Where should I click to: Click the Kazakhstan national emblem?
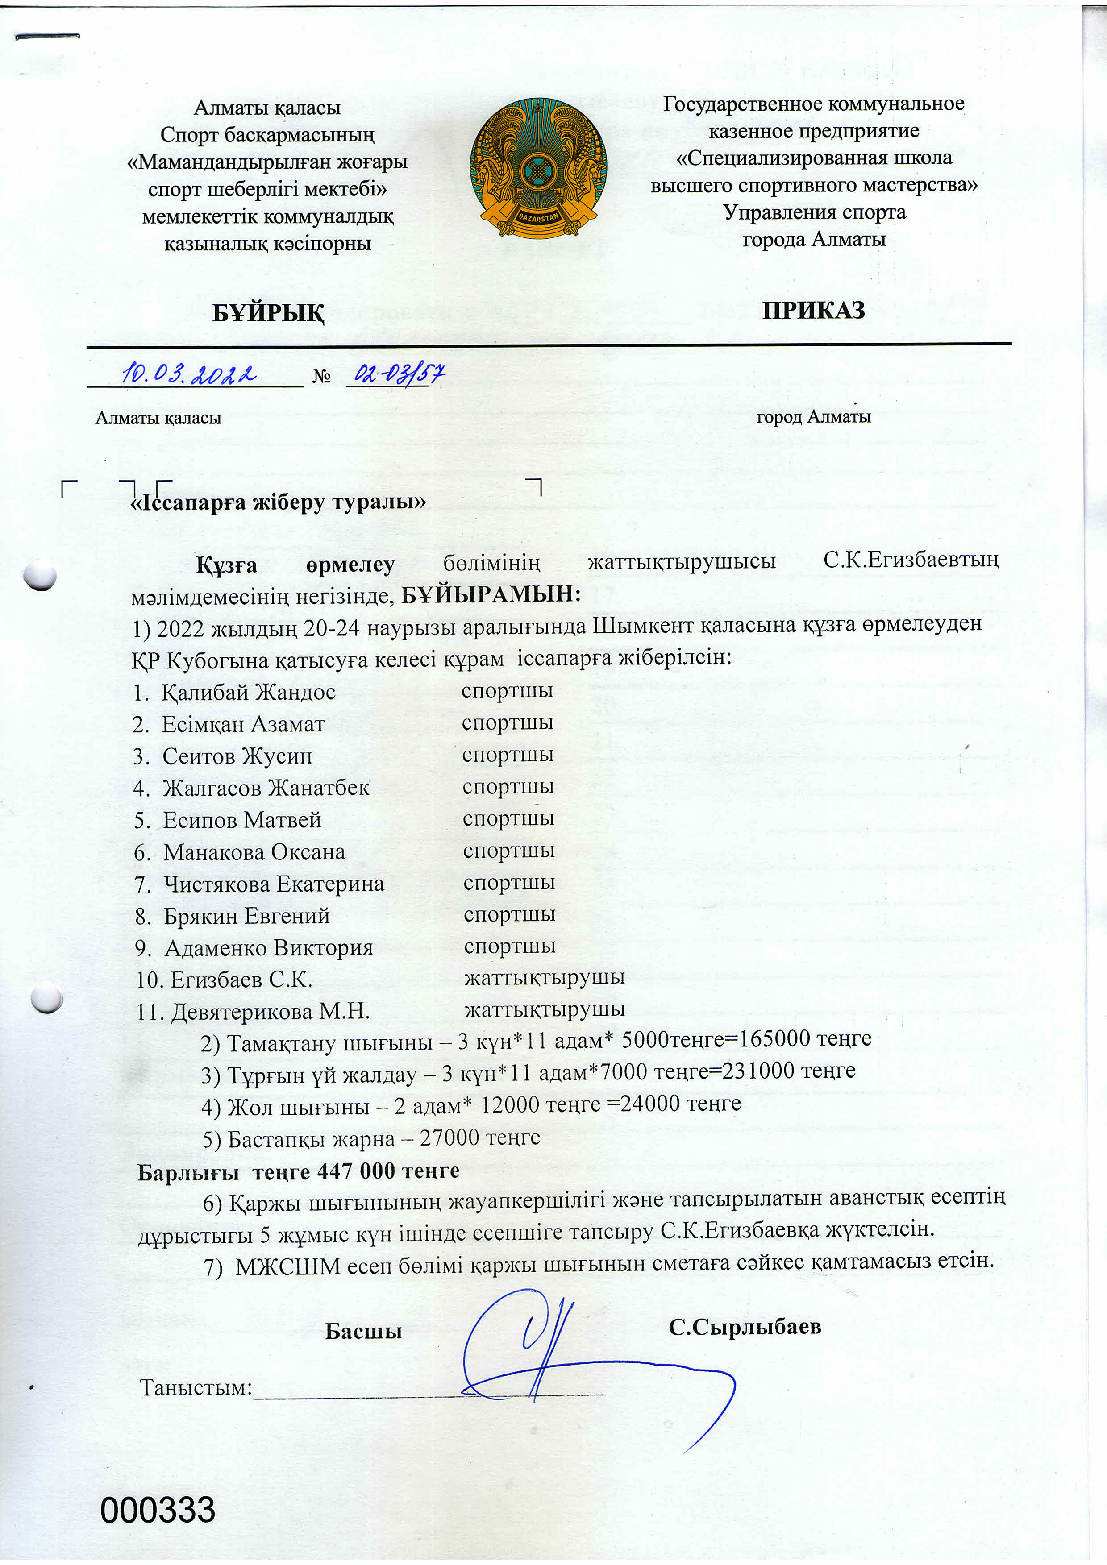[x=538, y=168]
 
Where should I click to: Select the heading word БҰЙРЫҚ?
[x=268, y=313]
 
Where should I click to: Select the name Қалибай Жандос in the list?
[x=248, y=693]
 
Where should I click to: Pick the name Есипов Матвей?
[x=241, y=820]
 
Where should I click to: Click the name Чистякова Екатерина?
[x=273, y=884]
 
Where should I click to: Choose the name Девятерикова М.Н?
[x=270, y=1012]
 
